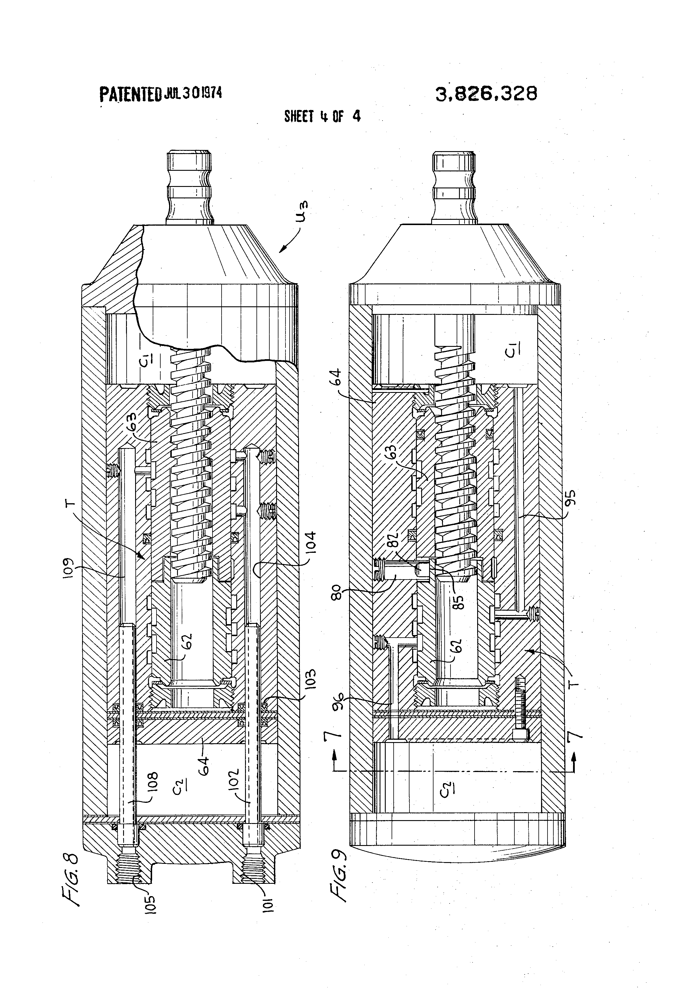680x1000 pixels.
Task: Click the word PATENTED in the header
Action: tap(130, 94)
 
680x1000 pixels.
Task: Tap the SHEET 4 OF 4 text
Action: tap(322, 116)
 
